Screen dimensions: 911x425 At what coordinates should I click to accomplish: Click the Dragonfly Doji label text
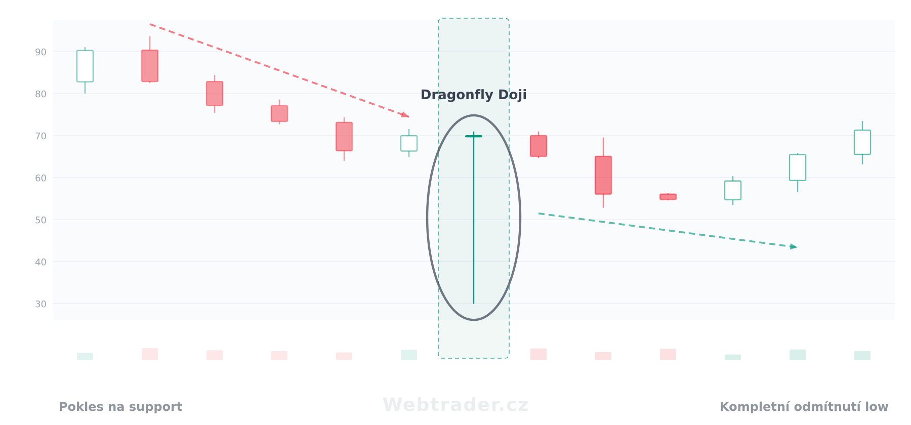point(474,95)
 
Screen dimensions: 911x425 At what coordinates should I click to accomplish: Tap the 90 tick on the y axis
point(41,52)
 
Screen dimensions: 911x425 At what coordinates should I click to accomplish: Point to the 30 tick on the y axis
point(41,304)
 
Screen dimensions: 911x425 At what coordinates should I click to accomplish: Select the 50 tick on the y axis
point(41,220)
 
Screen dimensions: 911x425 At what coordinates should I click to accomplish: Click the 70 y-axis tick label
point(41,136)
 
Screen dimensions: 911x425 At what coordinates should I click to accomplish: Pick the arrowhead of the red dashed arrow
point(405,115)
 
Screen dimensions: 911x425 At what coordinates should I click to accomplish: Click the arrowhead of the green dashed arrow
point(794,246)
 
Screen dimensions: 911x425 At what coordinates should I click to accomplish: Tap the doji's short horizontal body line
point(474,136)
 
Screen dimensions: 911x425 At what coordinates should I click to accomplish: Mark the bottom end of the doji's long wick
point(474,304)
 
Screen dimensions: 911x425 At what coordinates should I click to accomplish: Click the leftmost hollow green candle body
point(85,66)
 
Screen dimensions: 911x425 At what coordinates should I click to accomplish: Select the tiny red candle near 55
point(668,197)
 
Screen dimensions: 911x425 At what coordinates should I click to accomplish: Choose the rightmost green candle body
point(862,142)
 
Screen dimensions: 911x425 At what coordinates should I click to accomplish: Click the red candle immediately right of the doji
point(539,146)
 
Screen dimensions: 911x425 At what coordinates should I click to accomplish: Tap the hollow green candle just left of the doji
point(409,143)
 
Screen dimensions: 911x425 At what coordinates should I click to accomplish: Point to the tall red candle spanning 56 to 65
point(603,175)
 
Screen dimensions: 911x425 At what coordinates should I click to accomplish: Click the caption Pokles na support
point(120,407)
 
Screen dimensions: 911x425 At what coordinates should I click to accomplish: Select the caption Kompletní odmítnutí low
point(804,407)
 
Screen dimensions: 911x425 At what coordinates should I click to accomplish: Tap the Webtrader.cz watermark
point(455,405)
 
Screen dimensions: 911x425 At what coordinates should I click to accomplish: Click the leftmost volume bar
point(85,357)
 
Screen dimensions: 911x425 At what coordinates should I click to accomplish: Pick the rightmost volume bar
point(862,356)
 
